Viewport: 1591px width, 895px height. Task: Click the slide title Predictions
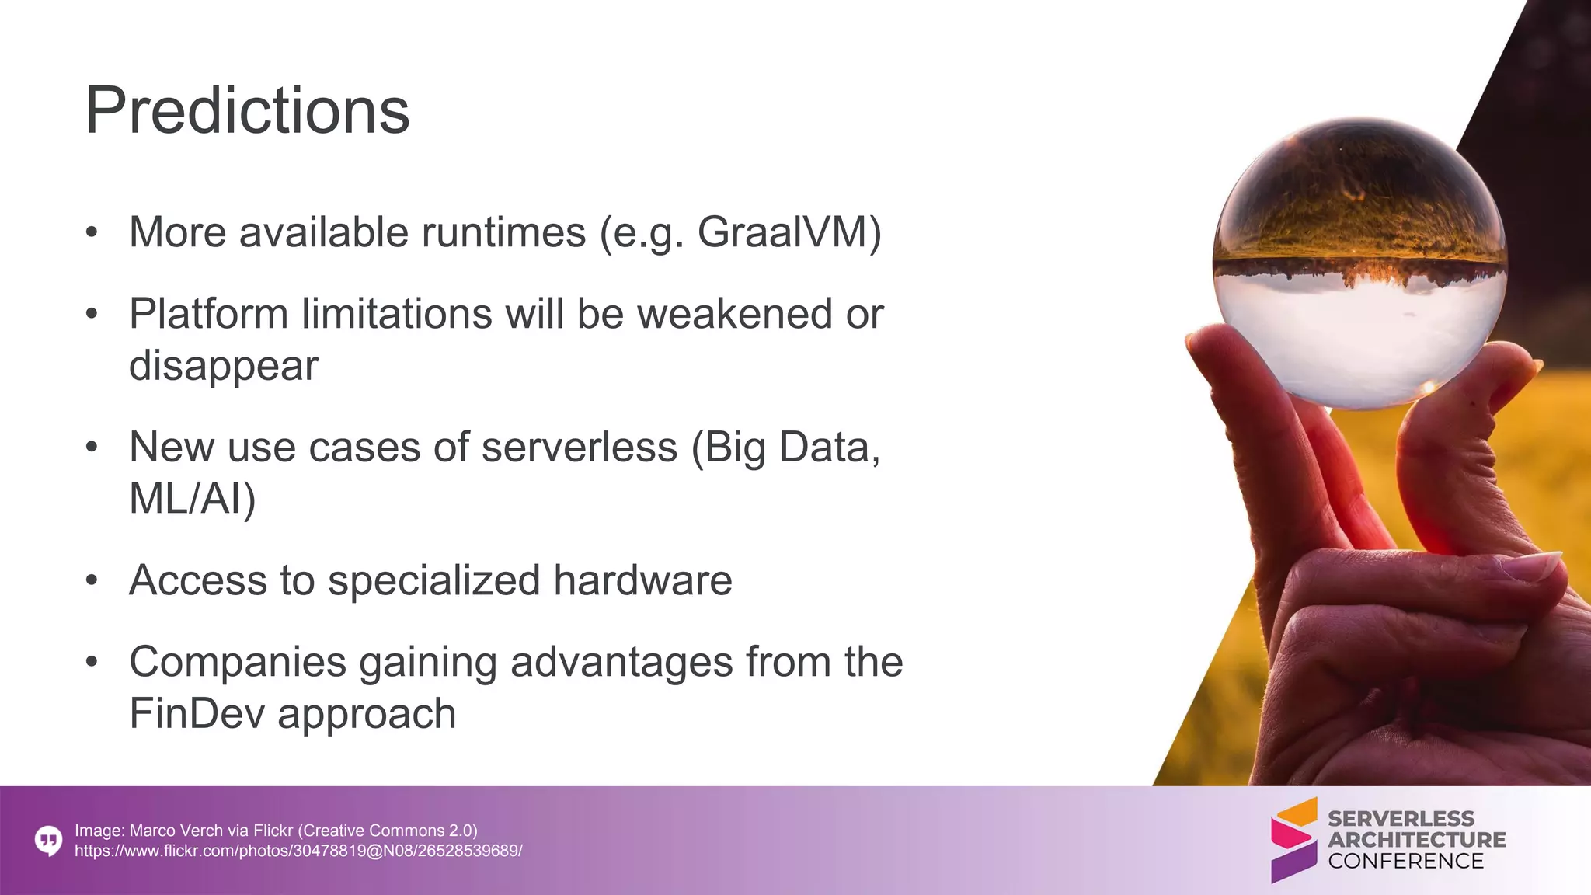coord(247,111)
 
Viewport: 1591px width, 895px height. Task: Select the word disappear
coord(224,365)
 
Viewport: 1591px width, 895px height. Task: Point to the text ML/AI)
coord(192,498)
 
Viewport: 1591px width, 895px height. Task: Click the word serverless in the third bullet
coord(579,447)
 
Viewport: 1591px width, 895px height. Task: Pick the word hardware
coord(642,580)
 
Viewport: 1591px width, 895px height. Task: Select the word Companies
coord(237,663)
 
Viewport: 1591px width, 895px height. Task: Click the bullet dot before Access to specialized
coord(92,580)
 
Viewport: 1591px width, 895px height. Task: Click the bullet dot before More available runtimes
coord(92,232)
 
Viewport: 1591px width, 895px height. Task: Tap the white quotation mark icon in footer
coord(48,841)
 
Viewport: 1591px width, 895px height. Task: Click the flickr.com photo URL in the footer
coord(298,851)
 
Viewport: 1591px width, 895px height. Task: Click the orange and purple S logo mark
coord(1293,840)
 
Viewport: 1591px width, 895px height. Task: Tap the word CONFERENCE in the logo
coord(1405,861)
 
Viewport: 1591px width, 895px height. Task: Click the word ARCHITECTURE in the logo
coord(1416,840)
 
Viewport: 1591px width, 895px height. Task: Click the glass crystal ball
coord(1359,264)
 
